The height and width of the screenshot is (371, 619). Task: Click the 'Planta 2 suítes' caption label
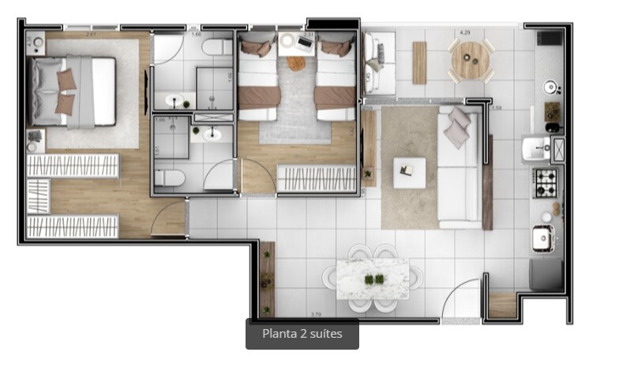(302, 334)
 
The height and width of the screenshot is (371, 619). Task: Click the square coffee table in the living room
(409, 172)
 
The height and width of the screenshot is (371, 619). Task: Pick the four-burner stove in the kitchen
(546, 184)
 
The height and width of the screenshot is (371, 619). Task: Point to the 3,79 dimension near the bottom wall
(317, 314)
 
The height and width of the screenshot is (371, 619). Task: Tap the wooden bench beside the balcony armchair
(419, 62)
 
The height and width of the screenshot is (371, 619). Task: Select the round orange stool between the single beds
(297, 63)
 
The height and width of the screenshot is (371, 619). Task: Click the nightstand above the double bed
(36, 44)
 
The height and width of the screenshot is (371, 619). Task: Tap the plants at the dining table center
(373, 278)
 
